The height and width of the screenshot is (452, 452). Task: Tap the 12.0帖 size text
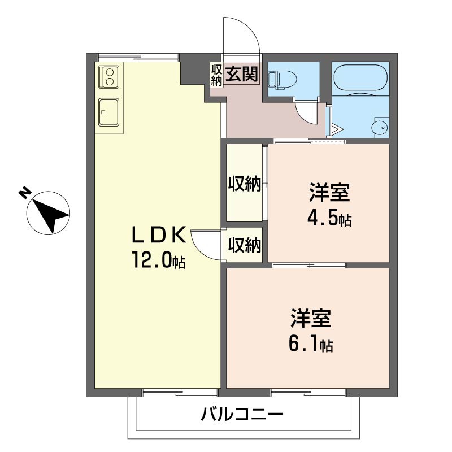pyautogui.click(x=159, y=260)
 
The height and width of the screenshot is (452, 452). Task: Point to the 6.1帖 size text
pyautogui.click(x=311, y=343)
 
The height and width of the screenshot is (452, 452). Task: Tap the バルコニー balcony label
pyautogui.click(x=242, y=415)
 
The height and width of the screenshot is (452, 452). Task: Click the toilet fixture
pyautogui.click(x=282, y=79)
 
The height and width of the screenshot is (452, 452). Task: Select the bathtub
pyautogui.click(x=360, y=78)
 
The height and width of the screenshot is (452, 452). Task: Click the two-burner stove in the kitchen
pyautogui.click(x=109, y=77)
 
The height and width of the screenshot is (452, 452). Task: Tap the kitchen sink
pyautogui.click(x=108, y=112)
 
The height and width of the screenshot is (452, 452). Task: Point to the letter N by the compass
pyautogui.click(x=24, y=193)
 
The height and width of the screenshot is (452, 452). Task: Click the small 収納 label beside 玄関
pyautogui.click(x=216, y=75)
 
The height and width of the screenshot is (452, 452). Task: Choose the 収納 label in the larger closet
pyautogui.click(x=245, y=184)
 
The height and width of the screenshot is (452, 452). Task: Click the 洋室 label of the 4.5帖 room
pyautogui.click(x=329, y=192)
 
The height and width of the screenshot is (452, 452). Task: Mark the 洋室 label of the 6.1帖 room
pyautogui.click(x=311, y=319)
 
